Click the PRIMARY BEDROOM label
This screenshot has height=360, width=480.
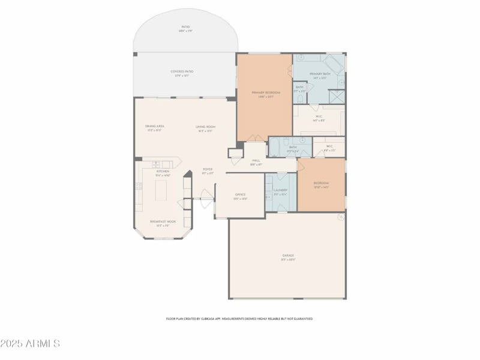click(x=266, y=92)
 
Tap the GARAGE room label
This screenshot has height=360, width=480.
click(x=288, y=256)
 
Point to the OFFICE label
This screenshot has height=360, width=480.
click(x=240, y=194)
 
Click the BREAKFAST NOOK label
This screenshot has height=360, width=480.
click(x=162, y=221)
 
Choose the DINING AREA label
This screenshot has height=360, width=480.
click(x=154, y=126)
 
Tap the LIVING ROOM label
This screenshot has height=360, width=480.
click(x=205, y=127)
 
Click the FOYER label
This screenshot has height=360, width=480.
click(x=207, y=169)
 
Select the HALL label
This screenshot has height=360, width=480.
click(x=256, y=160)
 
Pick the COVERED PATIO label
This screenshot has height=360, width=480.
click(x=181, y=71)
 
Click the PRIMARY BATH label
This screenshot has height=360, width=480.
click(x=320, y=74)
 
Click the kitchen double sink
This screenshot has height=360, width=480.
click(x=156, y=164)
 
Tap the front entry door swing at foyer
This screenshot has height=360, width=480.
click(x=206, y=194)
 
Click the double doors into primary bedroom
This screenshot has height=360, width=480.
click(x=256, y=139)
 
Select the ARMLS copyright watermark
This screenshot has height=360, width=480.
click(x=30, y=344)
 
